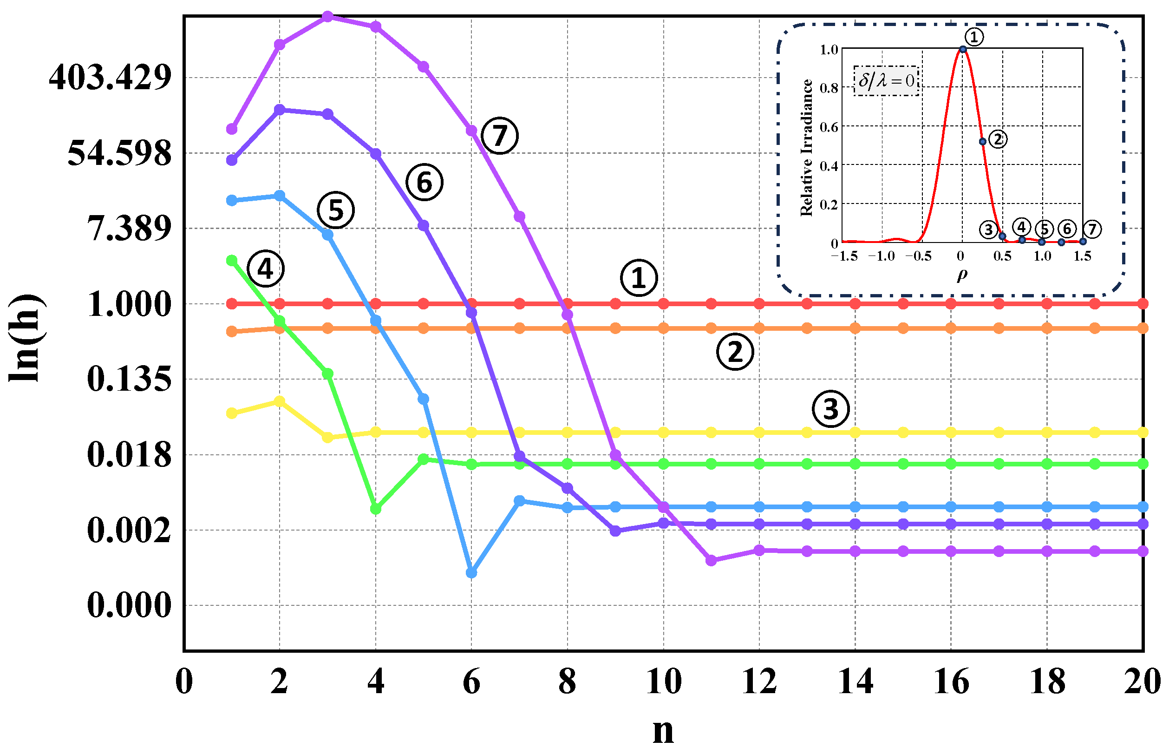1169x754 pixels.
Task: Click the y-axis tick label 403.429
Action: pos(110,78)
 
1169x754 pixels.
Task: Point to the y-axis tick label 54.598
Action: pos(120,153)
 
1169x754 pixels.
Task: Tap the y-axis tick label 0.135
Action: pos(129,379)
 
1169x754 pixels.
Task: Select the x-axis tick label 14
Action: pos(855,682)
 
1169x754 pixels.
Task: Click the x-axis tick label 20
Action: pos(1142,682)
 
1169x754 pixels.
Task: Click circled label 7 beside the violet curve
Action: pos(500,136)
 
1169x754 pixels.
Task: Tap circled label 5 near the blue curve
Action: pos(336,210)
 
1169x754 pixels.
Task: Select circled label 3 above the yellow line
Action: pos(831,409)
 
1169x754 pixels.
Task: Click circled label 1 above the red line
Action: pos(639,278)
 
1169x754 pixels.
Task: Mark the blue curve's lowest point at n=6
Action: pos(471,572)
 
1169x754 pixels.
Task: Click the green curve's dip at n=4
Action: pos(375,509)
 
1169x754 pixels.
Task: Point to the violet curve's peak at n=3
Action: pos(328,16)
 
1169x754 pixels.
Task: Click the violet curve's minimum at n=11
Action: pos(711,560)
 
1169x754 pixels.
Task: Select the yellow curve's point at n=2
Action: pos(280,401)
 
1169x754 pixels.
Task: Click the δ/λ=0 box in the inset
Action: pos(886,81)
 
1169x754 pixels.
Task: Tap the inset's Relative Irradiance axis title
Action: pos(806,147)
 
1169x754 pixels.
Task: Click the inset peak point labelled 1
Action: pos(962,49)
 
